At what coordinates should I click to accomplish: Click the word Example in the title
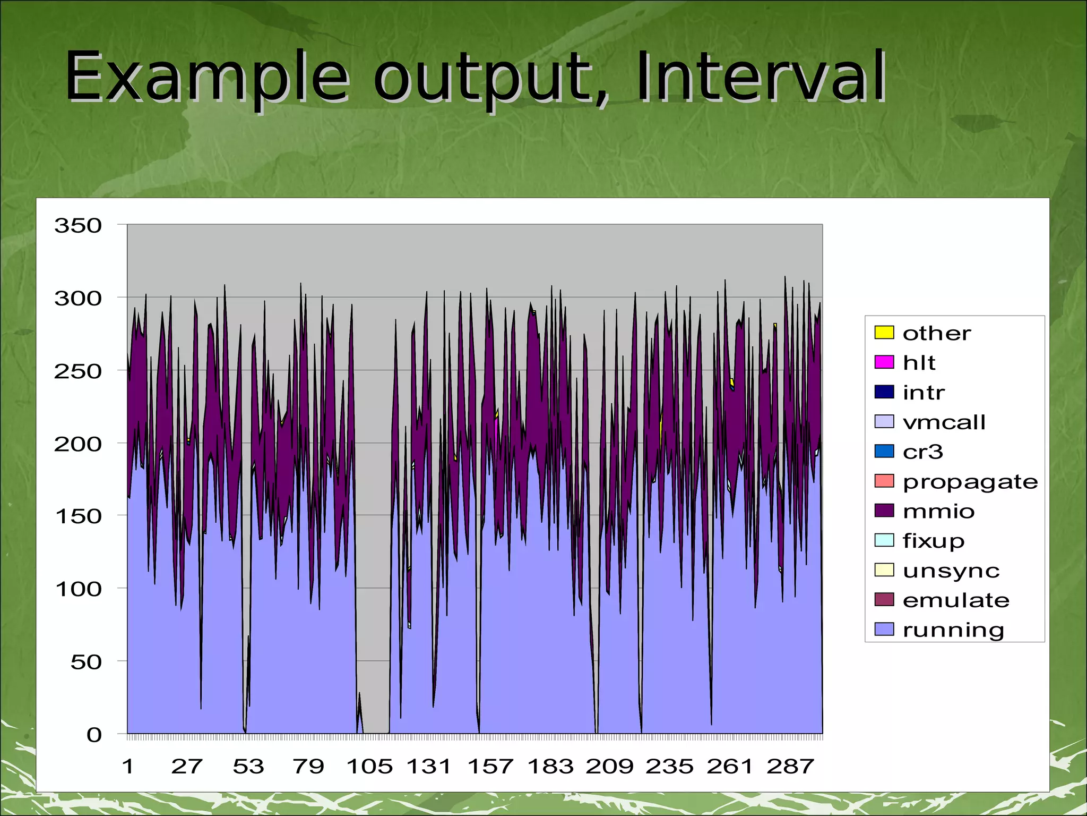207,77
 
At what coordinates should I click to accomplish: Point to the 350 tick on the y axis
78,226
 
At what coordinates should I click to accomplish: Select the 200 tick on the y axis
78,444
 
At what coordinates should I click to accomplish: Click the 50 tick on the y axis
86,662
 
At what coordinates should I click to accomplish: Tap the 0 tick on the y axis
94,735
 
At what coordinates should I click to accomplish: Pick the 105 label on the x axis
369,767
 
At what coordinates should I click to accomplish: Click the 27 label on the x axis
187,767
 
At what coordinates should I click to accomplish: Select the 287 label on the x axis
790,767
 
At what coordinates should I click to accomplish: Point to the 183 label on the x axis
550,767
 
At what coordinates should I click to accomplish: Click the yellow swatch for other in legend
884,333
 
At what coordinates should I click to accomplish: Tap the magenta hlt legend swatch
884,362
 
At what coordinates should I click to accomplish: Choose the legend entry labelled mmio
938,511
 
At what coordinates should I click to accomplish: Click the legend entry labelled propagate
970,481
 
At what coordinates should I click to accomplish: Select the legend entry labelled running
953,630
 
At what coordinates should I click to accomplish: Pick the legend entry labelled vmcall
944,422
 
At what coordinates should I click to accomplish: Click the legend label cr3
922,452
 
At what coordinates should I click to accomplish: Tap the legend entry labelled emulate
955,600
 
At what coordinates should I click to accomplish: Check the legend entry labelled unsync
951,571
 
